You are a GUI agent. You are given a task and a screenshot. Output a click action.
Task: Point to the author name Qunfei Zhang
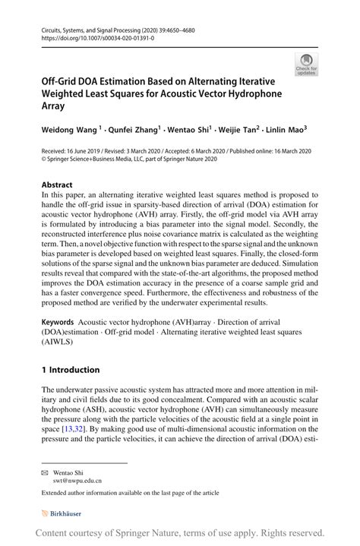(130, 130)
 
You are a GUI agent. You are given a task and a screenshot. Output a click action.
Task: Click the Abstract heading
(57, 185)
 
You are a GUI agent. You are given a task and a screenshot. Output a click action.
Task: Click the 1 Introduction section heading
(71, 370)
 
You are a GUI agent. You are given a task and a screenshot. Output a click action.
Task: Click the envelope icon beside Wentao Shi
(45, 472)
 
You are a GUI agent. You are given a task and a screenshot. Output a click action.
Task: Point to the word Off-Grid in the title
(64, 80)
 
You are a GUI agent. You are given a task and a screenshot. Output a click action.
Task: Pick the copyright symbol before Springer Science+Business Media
(44, 161)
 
